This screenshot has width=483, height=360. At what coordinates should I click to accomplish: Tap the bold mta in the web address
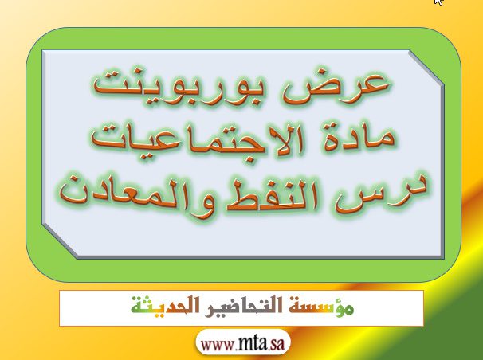pos(253,344)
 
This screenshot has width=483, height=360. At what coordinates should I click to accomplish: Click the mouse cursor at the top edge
pos(439,2)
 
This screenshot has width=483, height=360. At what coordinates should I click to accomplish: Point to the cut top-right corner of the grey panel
pos(426,68)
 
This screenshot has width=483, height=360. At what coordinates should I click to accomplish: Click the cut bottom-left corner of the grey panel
pos(60,241)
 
